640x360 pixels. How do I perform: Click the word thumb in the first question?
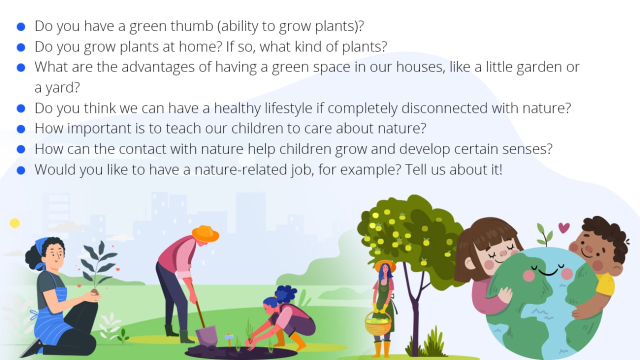tap(191, 26)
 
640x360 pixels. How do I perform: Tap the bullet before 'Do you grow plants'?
tap(21, 47)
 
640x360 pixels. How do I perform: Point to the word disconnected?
tap(444, 108)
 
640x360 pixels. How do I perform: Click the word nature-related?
tap(241, 169)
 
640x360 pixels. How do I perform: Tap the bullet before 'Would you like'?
tap(21, 170)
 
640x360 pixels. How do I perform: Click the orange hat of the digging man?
tap(205, 234)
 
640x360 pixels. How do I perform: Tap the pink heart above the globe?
tap(563, 227)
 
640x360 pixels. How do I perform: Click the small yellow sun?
tap(15, 223)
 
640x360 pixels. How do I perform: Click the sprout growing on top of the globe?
tap(545, 234)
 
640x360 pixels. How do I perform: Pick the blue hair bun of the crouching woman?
tap(285, 294)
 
